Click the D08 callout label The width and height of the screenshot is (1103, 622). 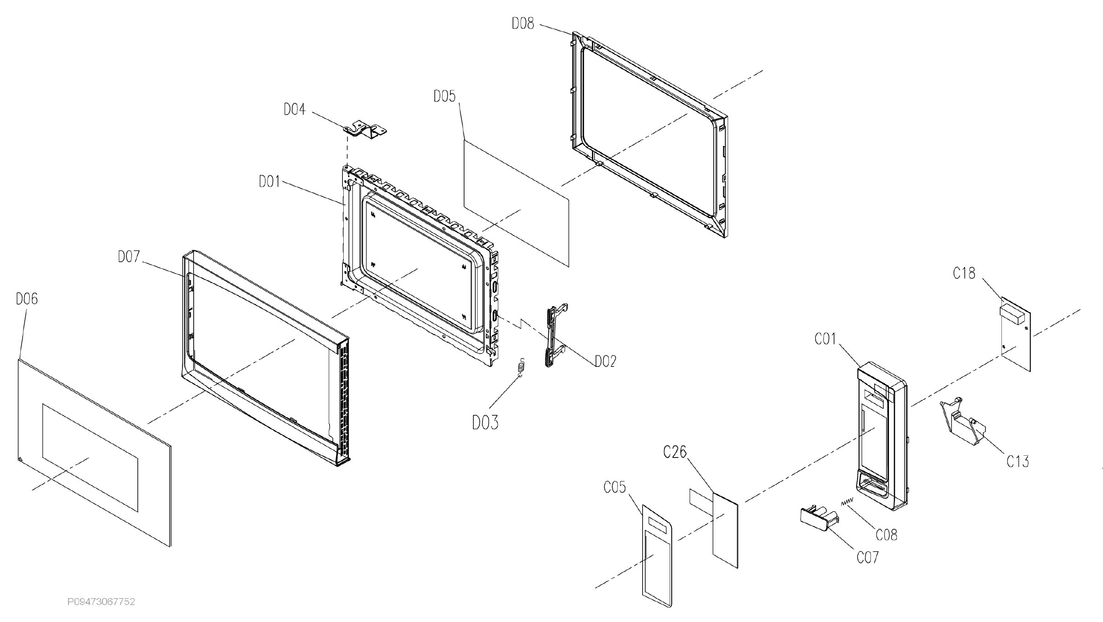pyautogui.click(x=523, y=23)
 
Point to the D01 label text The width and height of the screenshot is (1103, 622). pyautogui.click(x=269, y=182)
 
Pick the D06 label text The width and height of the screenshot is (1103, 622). pyautogui.click(x=27, y=299)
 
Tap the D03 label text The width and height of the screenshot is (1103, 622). pyautogui.click(x=485, y=422)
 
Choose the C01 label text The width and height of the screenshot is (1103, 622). pyautogui.click(x=825, y=339)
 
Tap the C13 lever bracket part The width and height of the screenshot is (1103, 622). pyautogui.click(x=962, y=422)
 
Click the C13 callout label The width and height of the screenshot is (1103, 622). pyautogui.click(x=1018, y=461)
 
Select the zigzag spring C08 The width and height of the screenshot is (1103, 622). pyautogui.click(x=847, y=502)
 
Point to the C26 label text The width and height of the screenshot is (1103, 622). pyautogui.click(x=675, y=452)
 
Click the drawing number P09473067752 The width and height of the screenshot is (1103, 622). pyautogui.click(x=101, y=601)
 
